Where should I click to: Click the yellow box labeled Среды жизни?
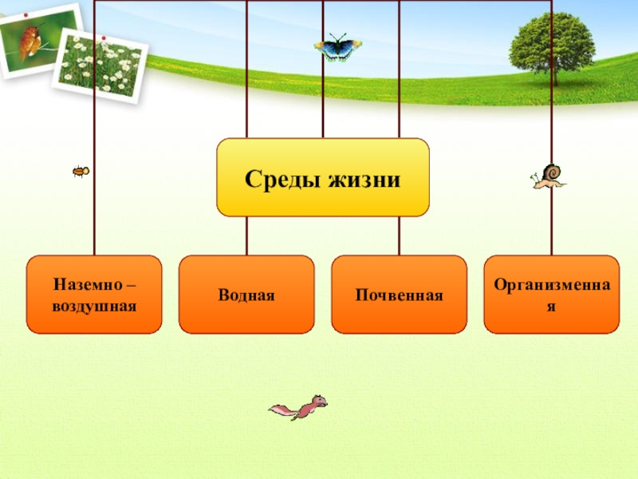coord(322,177)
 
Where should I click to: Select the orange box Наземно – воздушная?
coord(94,295)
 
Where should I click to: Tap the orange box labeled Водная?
coord(246,295)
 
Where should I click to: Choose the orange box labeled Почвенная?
coord(399,295)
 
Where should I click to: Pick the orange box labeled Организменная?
coord(551,295)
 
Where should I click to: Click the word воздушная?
coord(94,306)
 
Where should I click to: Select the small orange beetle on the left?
coord(80,171)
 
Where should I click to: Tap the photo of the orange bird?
coord(36,40)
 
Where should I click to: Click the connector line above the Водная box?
coord(246,236)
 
